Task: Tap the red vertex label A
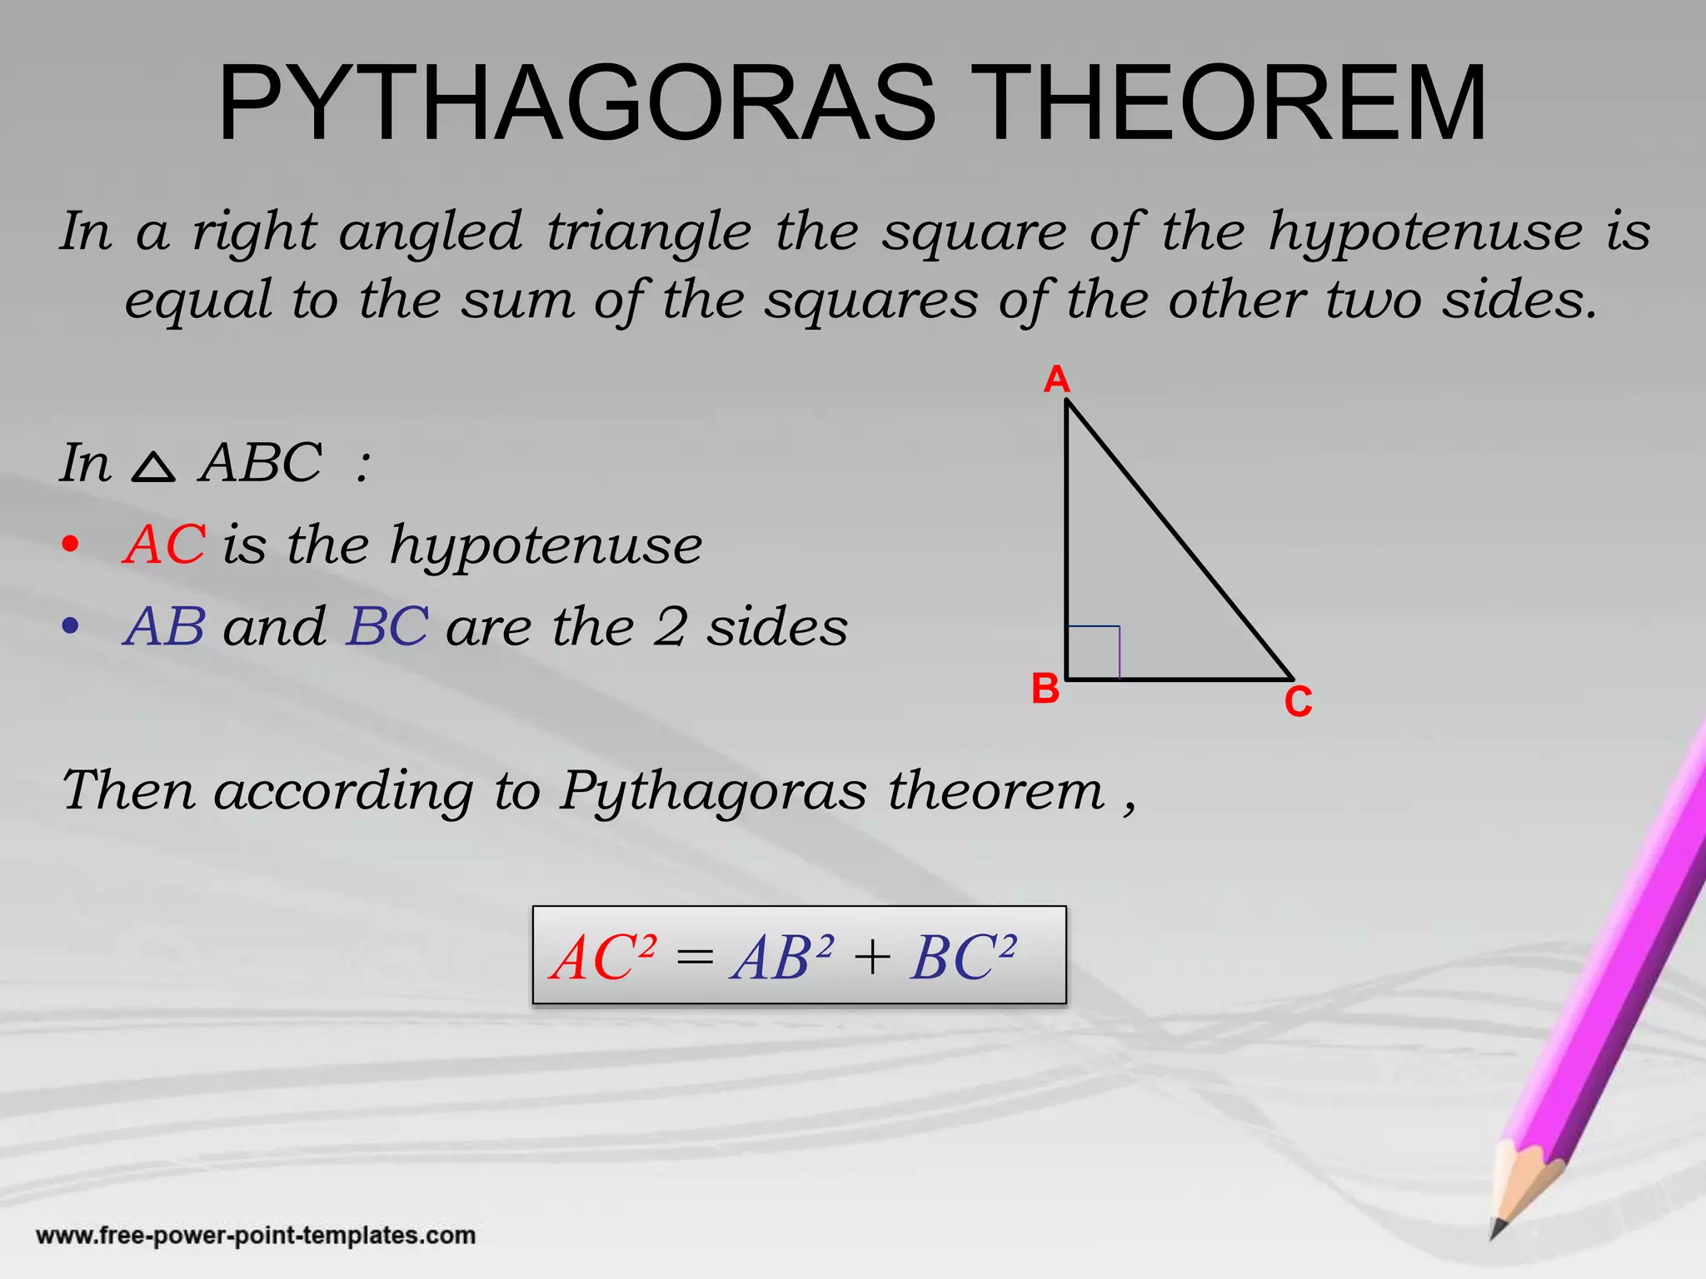point(1056,380)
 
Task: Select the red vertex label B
point(1045,689)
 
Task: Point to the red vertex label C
point(1298,702)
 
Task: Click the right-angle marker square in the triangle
point(1093,653)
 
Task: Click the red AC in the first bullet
point(164,545)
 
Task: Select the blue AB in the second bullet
point(164,626)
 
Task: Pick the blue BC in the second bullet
point(387,626)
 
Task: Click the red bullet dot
point(71,546)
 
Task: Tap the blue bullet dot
point(71,626)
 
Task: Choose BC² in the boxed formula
point(963,957)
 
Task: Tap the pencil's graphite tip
point(1497,1228)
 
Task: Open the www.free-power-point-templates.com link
point(256,1235)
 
